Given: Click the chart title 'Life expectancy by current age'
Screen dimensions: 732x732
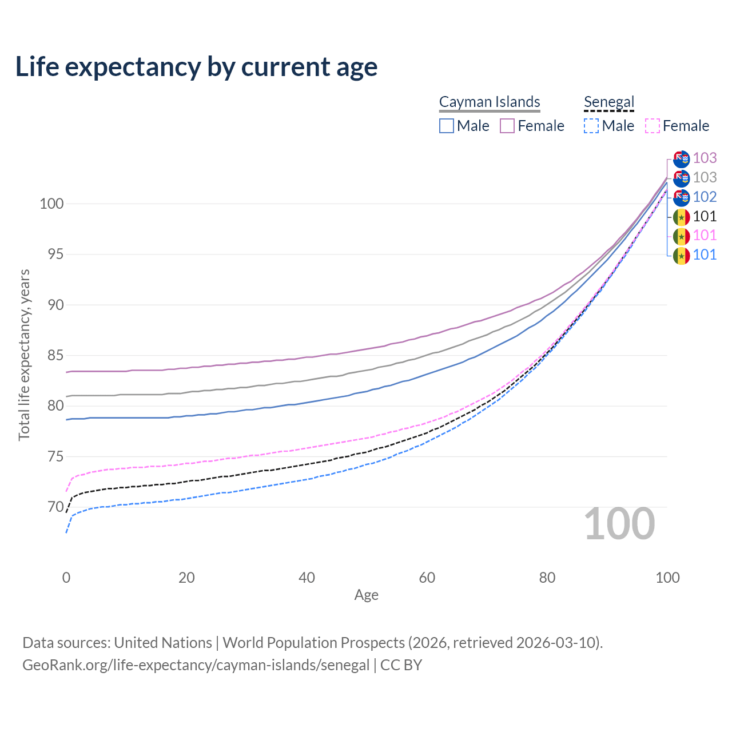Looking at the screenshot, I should point(196,67).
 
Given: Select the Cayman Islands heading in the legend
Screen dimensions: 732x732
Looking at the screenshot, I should point(490,102).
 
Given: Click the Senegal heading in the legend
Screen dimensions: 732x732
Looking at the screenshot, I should point(609,102).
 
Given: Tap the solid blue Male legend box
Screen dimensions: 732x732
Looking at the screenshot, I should point(447,126).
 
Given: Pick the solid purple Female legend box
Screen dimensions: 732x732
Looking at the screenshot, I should point(507,126).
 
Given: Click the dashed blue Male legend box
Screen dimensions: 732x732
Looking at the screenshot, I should point(591,126).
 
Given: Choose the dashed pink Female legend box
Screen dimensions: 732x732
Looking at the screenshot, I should point(653,126).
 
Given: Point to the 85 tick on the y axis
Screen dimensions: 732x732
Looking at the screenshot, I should point(55,356).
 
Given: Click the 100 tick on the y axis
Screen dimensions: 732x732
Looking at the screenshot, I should point(51,204).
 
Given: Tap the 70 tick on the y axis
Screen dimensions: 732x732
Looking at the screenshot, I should point(55,507).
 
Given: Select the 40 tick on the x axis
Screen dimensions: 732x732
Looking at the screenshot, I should point(307,578).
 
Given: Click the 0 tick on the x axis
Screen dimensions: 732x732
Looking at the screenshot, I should point(66,578).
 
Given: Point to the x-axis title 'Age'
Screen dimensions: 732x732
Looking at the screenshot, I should point(366,595).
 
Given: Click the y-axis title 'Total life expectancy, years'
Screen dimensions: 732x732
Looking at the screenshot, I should point(24,355).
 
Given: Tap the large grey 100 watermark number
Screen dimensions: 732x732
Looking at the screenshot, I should point(619,524).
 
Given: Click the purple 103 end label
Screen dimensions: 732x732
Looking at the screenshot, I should point(705,158).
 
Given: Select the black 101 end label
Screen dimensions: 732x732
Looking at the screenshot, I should point(705,216).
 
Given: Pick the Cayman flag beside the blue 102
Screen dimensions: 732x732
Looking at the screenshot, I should point(681,197).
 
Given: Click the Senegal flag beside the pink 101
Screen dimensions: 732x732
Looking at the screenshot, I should point(681,236).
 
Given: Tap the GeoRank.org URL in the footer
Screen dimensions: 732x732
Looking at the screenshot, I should point(196,665).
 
